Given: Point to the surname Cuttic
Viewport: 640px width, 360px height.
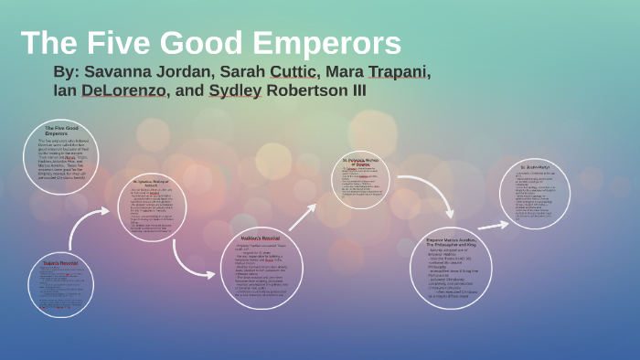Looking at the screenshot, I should (x=290, y=72).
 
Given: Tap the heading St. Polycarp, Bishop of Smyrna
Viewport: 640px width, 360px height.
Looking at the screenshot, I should (x=366, y=161).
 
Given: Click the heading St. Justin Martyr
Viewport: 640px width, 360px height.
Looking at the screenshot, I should (x=535, y=168).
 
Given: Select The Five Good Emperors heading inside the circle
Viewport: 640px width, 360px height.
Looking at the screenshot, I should (x=61, y=130).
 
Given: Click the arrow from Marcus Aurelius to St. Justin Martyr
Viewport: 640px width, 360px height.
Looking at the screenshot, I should (x=494, y=224).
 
